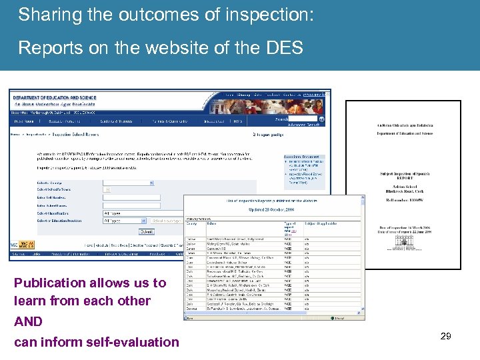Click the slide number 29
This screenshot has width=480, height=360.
tap(445, 336)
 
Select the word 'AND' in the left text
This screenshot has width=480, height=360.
tap(28, 321)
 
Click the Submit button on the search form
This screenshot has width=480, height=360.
tap(145, 231)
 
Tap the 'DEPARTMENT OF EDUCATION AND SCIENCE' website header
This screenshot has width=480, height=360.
tap(55, 98)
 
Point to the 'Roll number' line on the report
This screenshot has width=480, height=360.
tap(402, 198)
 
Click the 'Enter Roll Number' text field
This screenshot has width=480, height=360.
tap(131, 197)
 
